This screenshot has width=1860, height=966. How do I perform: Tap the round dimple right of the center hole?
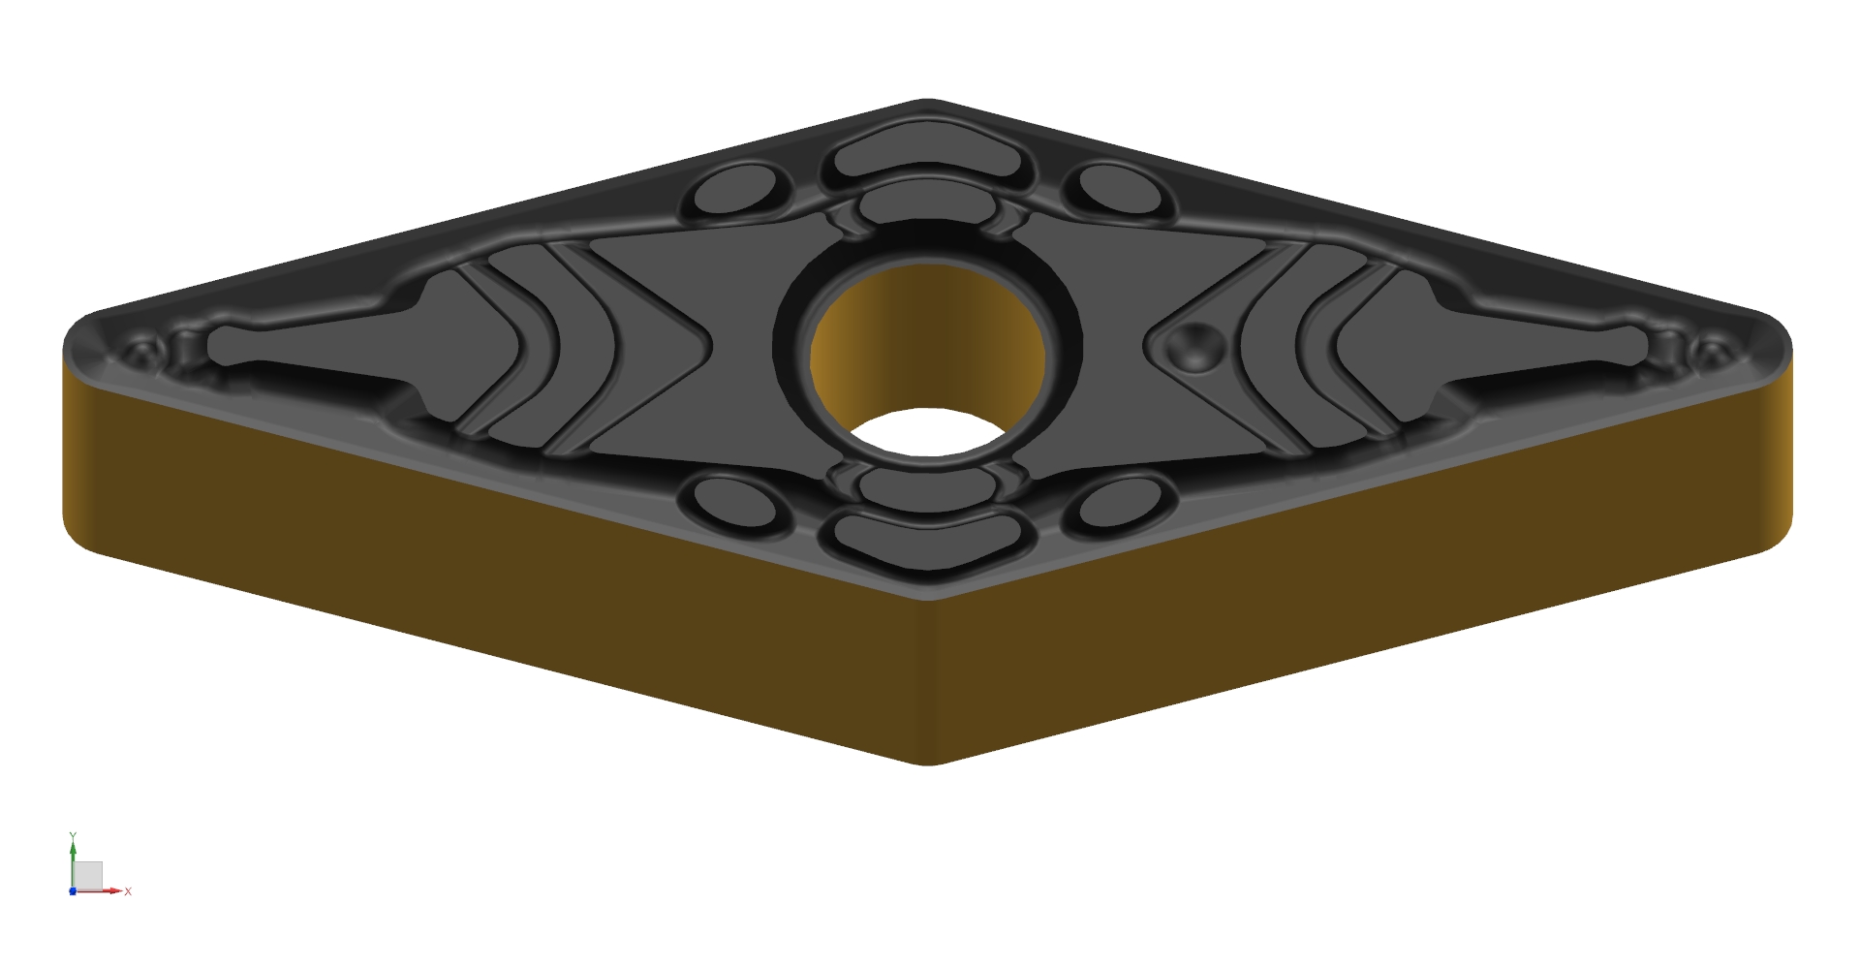coord(1195,344)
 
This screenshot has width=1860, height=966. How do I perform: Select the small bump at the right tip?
coord(1712,349)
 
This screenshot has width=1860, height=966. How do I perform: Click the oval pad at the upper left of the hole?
coord(738,190)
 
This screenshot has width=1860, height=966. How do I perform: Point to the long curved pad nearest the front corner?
coord(927,542)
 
